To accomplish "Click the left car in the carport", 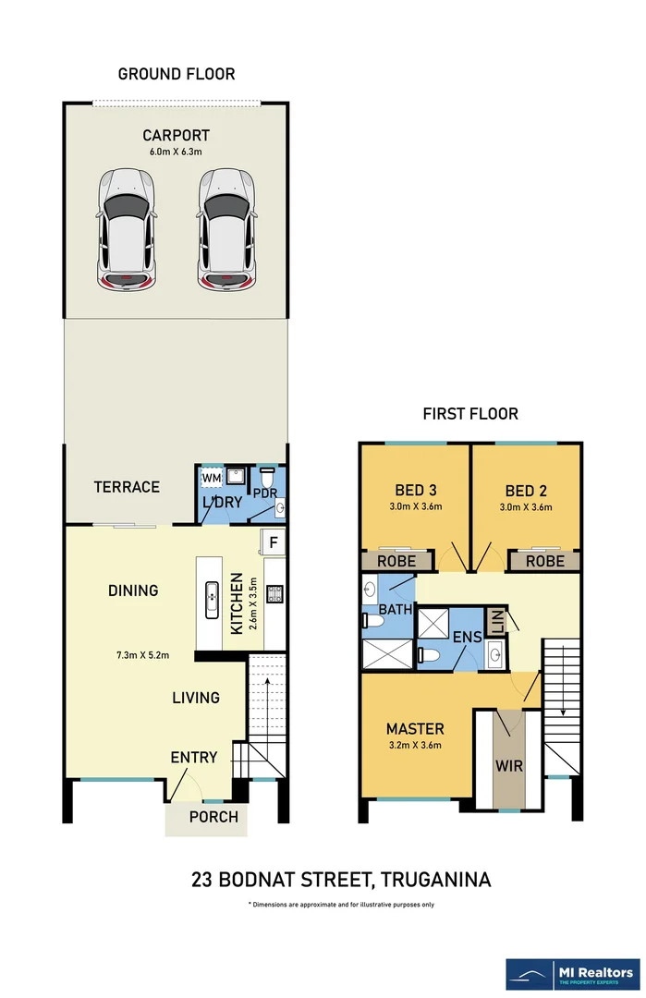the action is tap(126, 230).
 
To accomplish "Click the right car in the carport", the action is tap(226, 230).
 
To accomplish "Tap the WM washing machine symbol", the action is tap(212, 478).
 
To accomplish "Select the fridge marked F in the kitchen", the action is tap(273, 542).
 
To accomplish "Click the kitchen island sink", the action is tap(212, 600).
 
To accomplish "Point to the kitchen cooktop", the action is tap(275, 594).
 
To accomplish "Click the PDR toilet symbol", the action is tap(266, 478).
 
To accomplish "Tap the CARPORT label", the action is tap(176, 136).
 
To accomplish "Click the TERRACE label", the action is tap(127, 487).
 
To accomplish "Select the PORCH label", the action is tap(213, 817).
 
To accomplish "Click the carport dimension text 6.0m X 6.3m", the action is tap(176, 152).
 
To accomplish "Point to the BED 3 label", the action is tap(416, 490).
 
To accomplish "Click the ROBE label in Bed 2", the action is tap(545, 562).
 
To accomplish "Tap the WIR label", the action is tap(509, 766).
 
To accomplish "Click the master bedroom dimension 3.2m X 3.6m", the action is tap(415, 746).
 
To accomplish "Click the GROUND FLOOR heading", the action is tap(177, 74).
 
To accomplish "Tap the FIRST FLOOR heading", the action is tap(470, 414).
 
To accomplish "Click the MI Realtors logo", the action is tap(573, 975).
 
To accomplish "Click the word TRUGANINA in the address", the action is tap(436, 880).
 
